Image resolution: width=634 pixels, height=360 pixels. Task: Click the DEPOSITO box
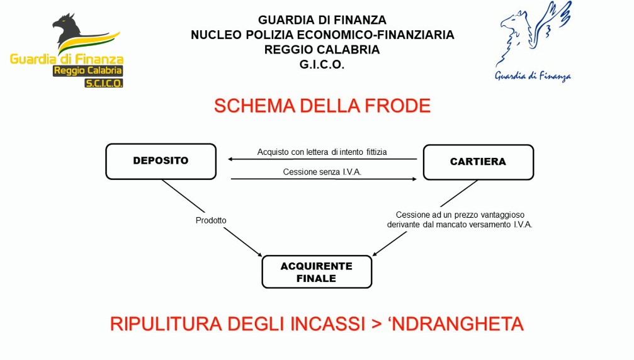click(161, 161)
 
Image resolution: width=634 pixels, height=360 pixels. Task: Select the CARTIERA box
click(478, 162)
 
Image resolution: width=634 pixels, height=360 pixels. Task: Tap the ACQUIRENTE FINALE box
click(317, 272)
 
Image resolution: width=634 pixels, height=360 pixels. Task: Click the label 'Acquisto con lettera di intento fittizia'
click(322, 152)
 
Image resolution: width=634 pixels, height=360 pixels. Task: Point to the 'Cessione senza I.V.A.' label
click(322, 172)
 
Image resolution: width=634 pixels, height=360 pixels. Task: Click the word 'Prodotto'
click(211, 220)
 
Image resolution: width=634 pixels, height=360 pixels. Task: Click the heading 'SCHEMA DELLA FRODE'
click(322, 106)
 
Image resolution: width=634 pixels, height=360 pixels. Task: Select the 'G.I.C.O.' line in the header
click(322, 65)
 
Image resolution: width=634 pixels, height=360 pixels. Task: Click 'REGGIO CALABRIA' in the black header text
click(322, 50)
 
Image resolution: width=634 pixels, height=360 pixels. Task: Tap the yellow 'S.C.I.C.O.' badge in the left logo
click(104, 82)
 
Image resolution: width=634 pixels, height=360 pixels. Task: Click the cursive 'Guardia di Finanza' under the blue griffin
click(533, 77)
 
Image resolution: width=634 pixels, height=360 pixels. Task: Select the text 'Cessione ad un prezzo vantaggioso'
click(460, 215)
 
